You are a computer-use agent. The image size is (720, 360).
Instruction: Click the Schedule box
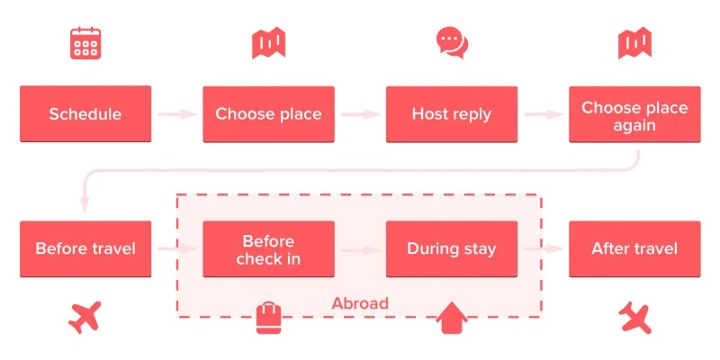[85, 114]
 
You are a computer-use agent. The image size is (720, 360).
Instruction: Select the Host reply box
[452, 114]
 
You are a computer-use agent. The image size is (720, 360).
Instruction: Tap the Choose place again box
[634, 114]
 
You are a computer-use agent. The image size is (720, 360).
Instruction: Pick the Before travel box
[85, 248]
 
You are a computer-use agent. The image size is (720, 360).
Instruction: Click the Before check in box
[268, 249]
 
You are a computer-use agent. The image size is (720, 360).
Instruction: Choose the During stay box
[452, 248]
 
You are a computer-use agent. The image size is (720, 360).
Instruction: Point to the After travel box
[634, 248]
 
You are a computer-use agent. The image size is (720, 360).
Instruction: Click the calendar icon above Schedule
[85, 43]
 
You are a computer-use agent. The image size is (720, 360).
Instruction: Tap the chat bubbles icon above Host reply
[452, 42]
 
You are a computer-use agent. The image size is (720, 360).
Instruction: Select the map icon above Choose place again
[634, 42]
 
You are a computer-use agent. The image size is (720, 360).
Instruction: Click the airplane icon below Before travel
[85, 316]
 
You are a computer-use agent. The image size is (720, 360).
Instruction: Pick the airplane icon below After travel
[634, 316]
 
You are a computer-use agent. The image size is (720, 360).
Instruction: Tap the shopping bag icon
[268, 318]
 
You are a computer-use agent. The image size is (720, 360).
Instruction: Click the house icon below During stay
[452, 318]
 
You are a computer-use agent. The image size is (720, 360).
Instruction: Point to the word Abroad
[360, 303]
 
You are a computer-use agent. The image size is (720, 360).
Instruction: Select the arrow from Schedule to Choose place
[177, 114]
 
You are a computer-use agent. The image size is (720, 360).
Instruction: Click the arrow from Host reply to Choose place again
[544, 114]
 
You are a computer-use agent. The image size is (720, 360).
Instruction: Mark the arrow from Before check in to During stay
[360, 249]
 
